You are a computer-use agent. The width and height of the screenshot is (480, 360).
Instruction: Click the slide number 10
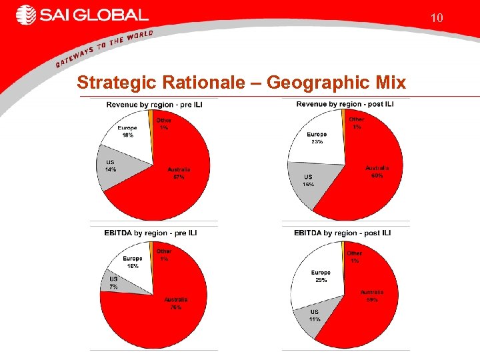coord(437,18)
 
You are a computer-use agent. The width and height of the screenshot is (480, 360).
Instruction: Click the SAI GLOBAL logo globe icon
coord(26,15)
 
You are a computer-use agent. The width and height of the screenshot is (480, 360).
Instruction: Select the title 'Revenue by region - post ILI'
coord(345,104)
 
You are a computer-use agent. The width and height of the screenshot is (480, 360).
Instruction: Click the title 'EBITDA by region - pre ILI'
coord(151,233)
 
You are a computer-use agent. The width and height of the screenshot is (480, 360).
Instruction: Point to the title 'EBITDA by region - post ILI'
coord(343,233)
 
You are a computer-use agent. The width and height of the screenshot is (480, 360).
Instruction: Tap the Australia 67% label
coord(179,173)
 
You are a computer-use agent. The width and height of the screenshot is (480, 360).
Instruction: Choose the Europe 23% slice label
coord(317,138)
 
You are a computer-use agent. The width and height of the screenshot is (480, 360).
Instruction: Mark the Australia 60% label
coord(377,172)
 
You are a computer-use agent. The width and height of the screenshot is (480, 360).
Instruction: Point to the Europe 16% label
coord(132,262)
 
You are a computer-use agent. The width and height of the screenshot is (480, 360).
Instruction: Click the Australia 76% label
coord(176,303)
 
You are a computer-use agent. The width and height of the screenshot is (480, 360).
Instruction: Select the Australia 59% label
coord(372,296)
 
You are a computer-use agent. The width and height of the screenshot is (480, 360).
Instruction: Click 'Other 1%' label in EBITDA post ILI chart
coord(355,257)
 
